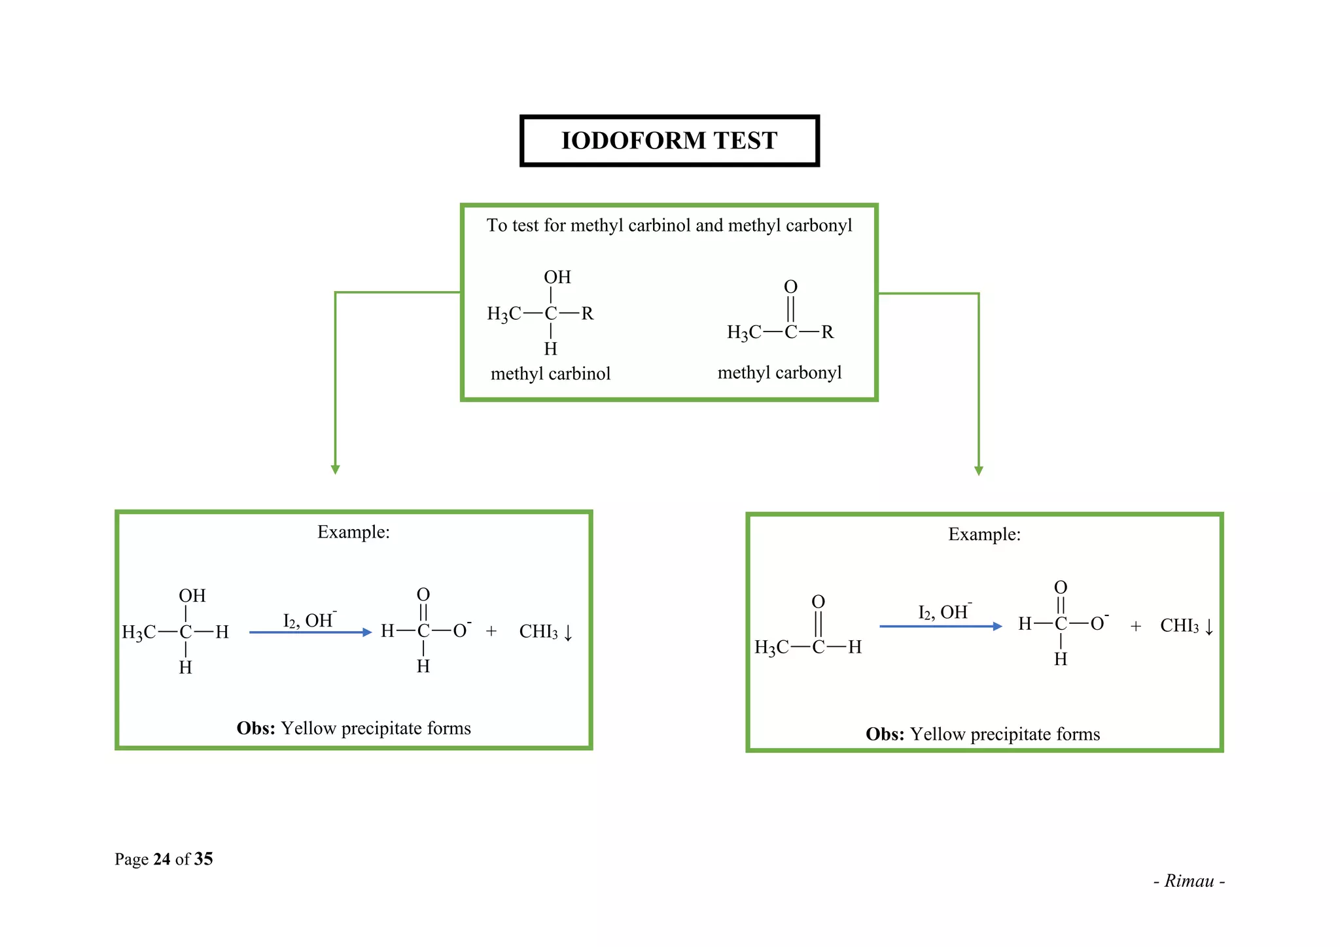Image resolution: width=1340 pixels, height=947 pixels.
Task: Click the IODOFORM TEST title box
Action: point(669,141)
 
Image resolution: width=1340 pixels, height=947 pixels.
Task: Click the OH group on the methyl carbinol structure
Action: point(557,277)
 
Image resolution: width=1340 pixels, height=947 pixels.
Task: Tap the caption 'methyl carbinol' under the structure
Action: point(550,373)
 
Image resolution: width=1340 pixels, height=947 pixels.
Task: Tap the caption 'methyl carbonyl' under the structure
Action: point(779,373)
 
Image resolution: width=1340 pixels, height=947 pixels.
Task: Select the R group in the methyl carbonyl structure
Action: point(828,332)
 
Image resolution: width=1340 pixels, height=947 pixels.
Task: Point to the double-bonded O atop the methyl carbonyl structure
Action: point(790,286)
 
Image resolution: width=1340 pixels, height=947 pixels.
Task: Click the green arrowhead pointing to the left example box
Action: point(335,469)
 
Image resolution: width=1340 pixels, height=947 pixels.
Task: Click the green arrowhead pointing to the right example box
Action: point(978,470)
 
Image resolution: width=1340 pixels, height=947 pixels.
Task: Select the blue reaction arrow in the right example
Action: point(940,627)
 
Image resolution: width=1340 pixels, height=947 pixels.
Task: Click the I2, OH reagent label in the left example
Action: point(309,619)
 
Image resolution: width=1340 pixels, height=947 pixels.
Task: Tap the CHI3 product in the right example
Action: point(1179,626)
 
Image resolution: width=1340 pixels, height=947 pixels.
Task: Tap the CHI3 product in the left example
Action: point(538,632)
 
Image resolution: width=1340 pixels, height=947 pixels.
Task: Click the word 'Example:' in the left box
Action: point(353,532)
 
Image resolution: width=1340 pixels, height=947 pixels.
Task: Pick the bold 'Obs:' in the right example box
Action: point(885,734)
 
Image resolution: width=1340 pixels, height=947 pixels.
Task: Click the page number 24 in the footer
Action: point(162,859)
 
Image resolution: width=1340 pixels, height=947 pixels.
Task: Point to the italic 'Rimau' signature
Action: point(1189,881)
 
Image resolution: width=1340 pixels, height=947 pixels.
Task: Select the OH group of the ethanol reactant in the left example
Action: point(192,596)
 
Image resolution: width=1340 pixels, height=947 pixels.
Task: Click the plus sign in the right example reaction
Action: point(1135,627)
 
